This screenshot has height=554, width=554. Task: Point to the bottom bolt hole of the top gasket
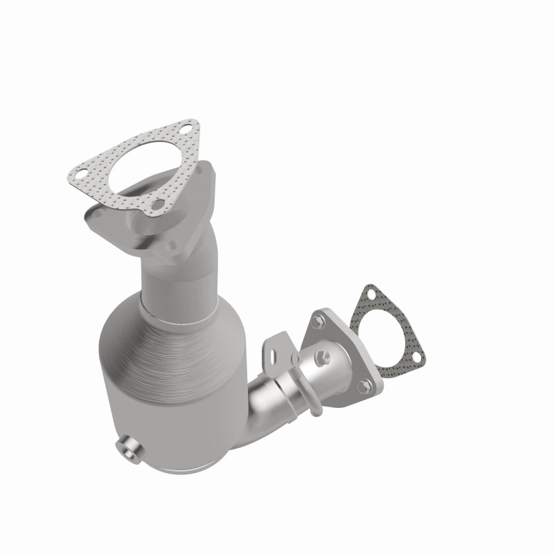point(159,204)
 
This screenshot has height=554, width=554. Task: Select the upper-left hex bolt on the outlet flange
point(318,321)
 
